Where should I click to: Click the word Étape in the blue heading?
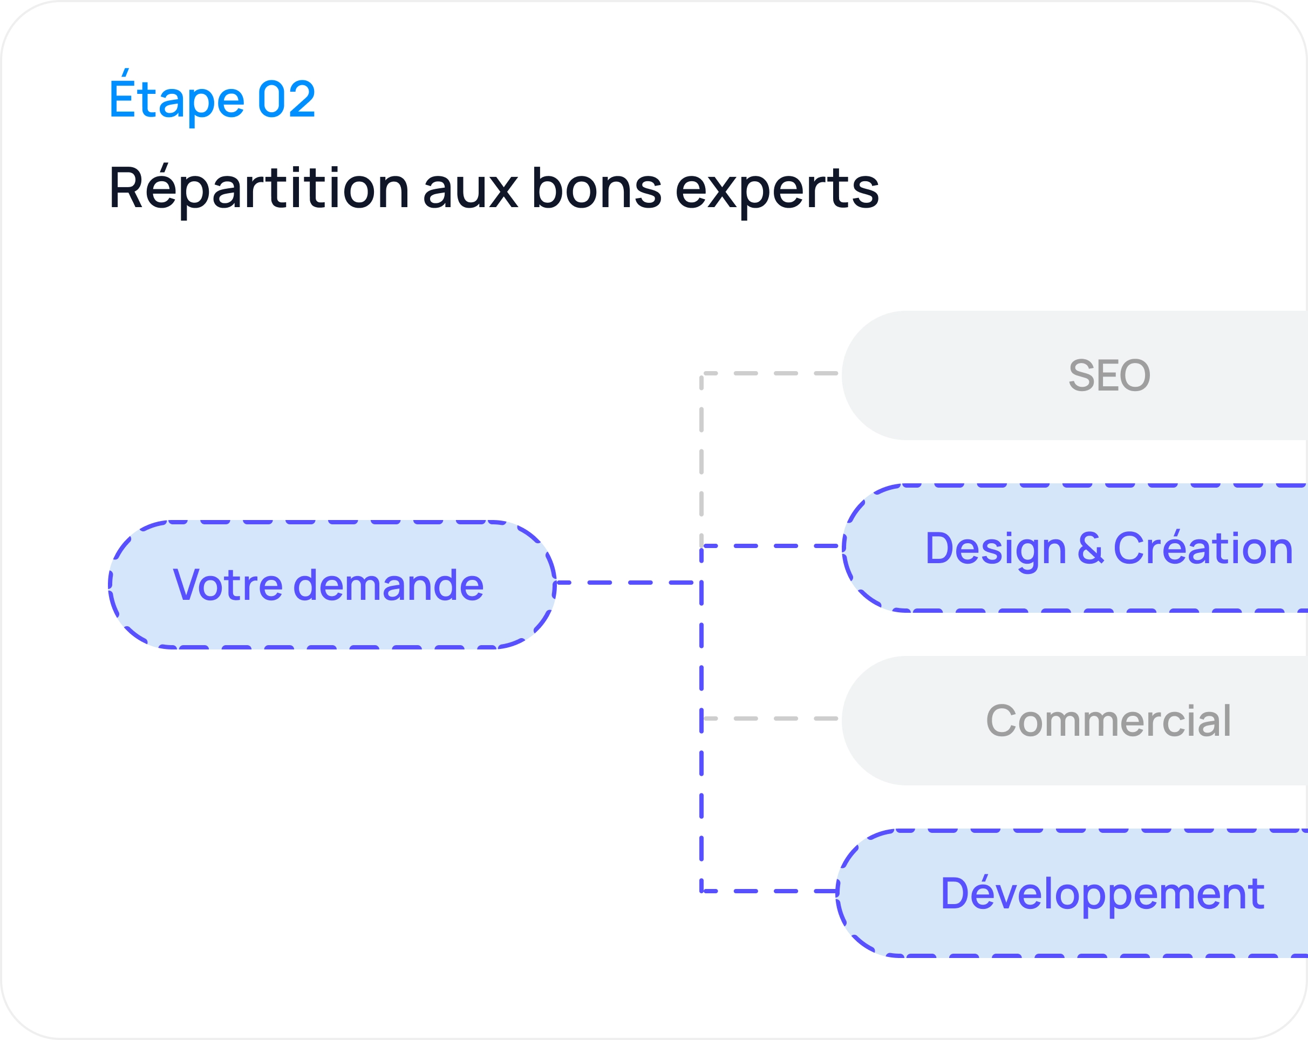click(176, 97)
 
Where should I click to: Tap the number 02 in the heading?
click(287, 99)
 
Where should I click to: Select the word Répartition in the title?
click(259, 189)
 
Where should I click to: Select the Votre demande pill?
click(332, 585)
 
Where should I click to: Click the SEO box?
click(1074, 375)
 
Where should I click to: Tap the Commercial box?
click(1074, 721)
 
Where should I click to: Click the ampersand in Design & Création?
click(1090, 548)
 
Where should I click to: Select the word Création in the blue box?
click(1203, 547)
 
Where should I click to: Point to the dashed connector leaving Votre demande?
click(625, 583)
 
